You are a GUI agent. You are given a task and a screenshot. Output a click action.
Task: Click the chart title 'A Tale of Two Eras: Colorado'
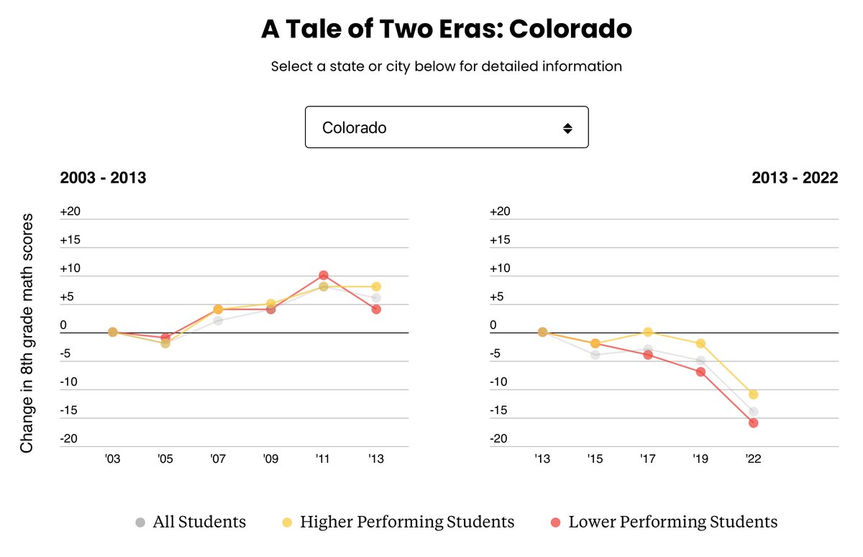click(446, 29)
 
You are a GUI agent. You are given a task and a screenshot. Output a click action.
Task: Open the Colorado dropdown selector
click(446, 127)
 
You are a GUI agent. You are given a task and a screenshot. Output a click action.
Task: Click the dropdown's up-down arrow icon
click(567, 128)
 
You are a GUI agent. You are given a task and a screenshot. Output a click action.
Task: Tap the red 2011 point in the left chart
click(324, 275)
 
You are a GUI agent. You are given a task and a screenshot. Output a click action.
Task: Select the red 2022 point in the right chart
click(753, 423)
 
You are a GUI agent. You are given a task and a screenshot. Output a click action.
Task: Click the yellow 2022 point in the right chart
click(753, 394)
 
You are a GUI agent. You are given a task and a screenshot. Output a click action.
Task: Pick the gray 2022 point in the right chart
click(753, 412)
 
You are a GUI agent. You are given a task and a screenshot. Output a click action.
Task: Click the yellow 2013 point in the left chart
click(375, 286)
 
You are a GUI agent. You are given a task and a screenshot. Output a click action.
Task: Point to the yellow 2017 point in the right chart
click(648, 332)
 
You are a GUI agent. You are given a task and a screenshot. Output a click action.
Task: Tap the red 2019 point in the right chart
click(700, 371)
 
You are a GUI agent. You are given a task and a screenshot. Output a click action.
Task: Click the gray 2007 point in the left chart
click(218, 320)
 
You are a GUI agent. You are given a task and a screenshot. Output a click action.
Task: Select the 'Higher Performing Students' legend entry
click(397, 522)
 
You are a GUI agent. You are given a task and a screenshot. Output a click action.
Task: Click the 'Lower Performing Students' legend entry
click(663, 522)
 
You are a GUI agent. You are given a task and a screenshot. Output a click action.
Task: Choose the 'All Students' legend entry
click(191, 522)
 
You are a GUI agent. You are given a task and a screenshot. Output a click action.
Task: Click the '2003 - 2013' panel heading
click(103, 178)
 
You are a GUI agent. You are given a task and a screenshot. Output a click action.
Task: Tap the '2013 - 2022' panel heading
click(795, 178)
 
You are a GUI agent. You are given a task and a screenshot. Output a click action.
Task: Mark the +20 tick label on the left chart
click(70, 212)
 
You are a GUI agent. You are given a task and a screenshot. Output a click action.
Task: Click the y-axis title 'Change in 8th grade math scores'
click(27, 332)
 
